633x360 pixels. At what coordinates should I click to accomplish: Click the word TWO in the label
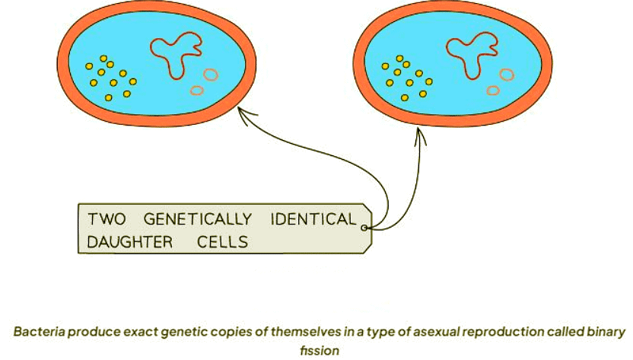click(106, 220)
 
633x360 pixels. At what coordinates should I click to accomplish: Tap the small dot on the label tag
click(365, 227)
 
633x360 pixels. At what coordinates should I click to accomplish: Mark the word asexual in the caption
click(406, 332)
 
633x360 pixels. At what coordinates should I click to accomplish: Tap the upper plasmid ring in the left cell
click(210, 75)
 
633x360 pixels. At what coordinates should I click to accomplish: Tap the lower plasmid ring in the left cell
click(196, 91)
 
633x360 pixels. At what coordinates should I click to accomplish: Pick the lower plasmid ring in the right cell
click(493, 91)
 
